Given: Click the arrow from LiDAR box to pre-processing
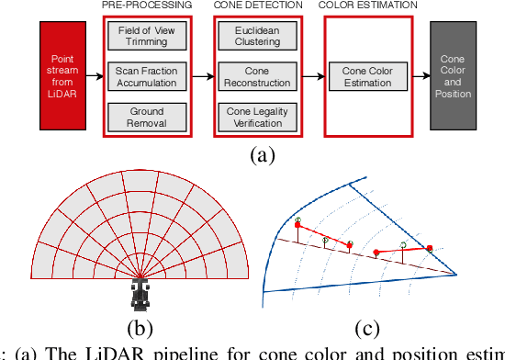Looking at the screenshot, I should [x=96, y=77].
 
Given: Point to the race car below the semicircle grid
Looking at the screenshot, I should [x=140, y=294].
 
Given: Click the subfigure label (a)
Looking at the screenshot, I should [x=263, y=155].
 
